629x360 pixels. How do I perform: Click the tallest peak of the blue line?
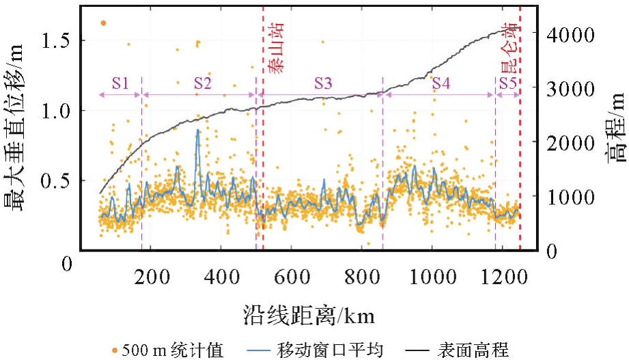pos(198,130)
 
